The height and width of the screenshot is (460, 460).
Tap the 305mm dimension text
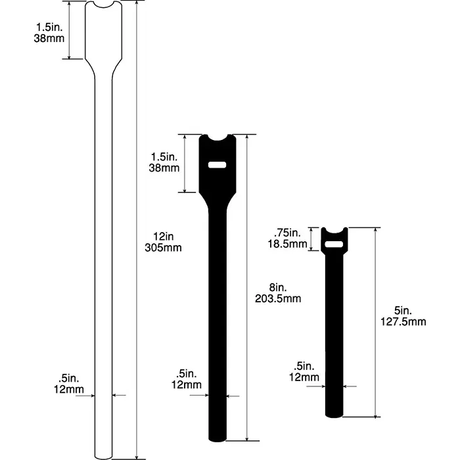(x=161, y=248)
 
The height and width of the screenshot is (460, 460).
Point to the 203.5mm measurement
(x=277, y=299)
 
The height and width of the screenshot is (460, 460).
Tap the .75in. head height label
(x=290, y=233)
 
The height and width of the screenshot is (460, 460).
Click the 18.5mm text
(x=290, y=244)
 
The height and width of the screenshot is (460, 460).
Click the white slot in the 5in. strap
(x=334, y=245)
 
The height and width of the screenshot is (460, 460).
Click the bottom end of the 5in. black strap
(x=334, y=413)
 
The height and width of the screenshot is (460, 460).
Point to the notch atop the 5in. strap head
(x=334, y=231)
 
